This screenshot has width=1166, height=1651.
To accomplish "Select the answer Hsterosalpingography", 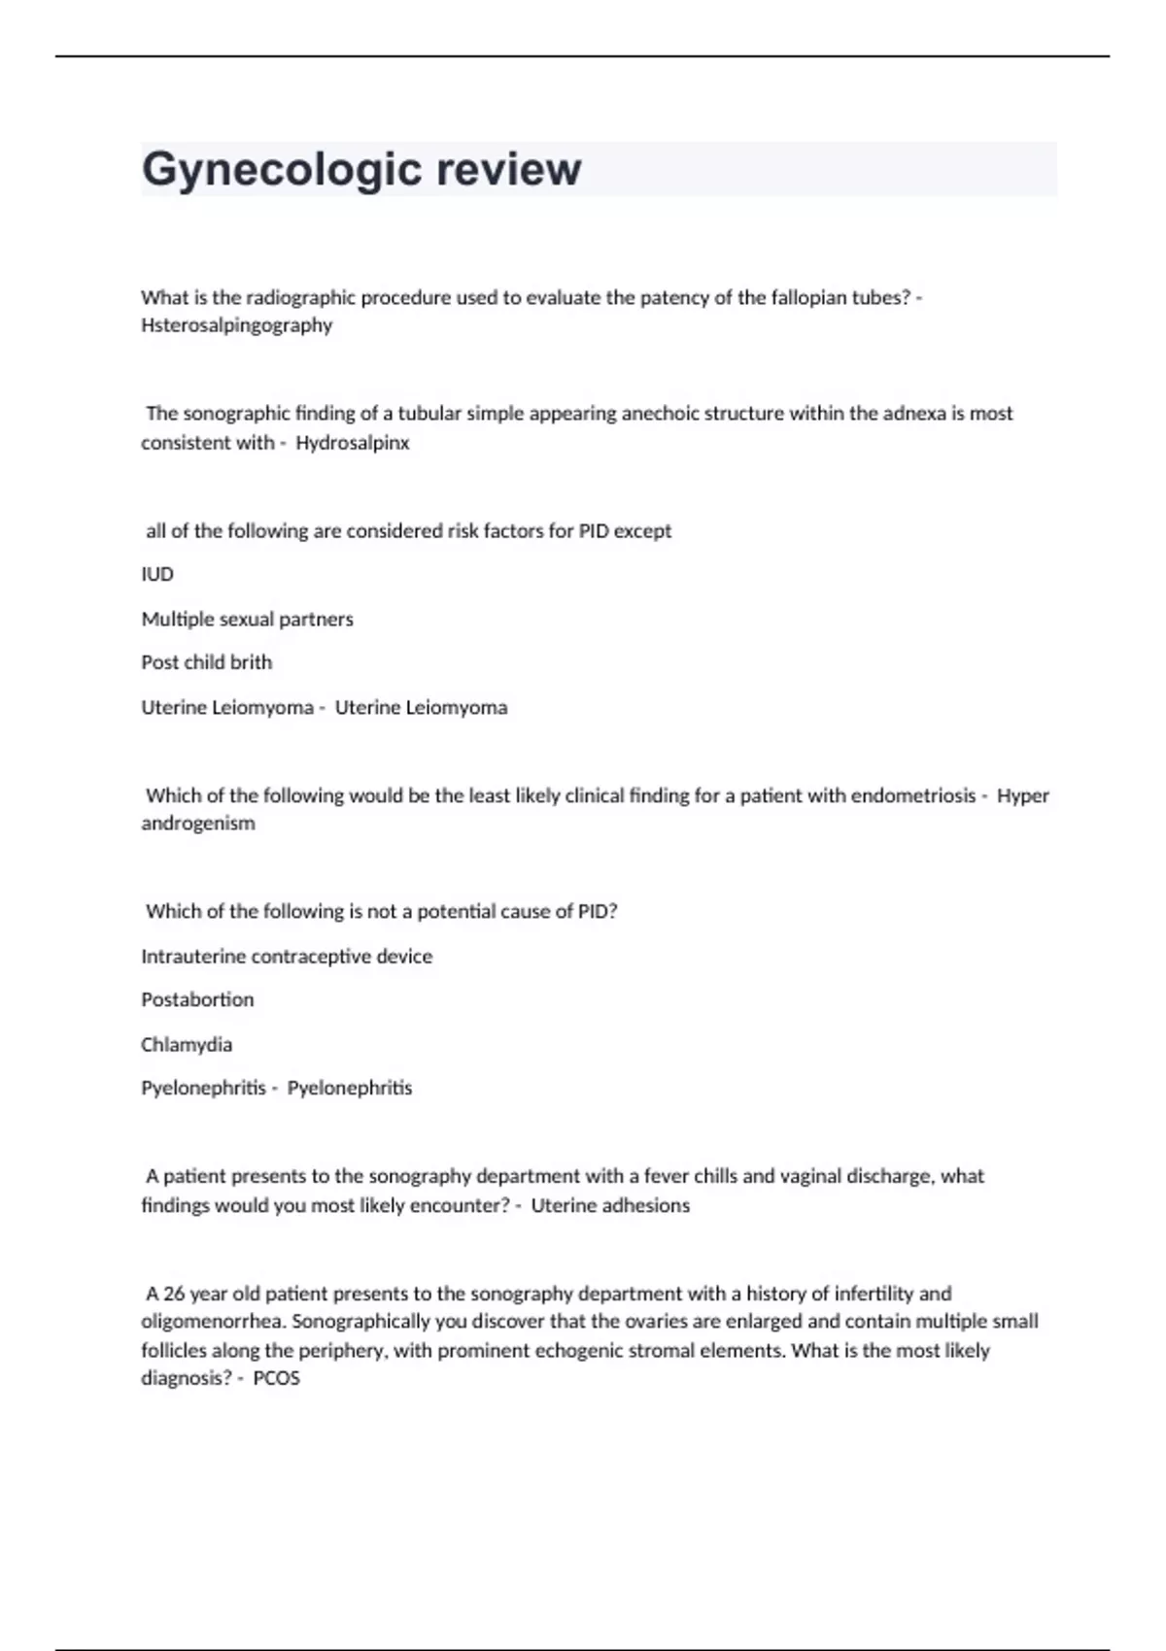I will click(236, 325).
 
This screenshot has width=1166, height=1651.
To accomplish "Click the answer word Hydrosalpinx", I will click(353, 443).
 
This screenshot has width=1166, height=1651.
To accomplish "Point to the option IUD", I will click(157, 574).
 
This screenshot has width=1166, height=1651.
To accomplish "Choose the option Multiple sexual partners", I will click(247, 619).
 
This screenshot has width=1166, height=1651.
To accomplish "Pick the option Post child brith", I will click(206, 662).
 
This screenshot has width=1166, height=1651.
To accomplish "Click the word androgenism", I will click(198, 824).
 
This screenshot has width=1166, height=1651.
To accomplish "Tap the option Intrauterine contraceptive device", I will click(287, 957).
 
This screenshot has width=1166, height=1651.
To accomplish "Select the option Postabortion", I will click(197, 999).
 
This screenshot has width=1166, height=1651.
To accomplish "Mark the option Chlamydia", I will click(187, 1045).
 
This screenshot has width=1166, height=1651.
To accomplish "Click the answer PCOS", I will click(277, 1378).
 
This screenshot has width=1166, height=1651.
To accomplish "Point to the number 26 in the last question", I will click(174, 1294).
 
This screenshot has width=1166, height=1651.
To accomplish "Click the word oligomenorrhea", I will click(213, 1322).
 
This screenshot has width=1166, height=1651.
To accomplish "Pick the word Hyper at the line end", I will click(1023, 796).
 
